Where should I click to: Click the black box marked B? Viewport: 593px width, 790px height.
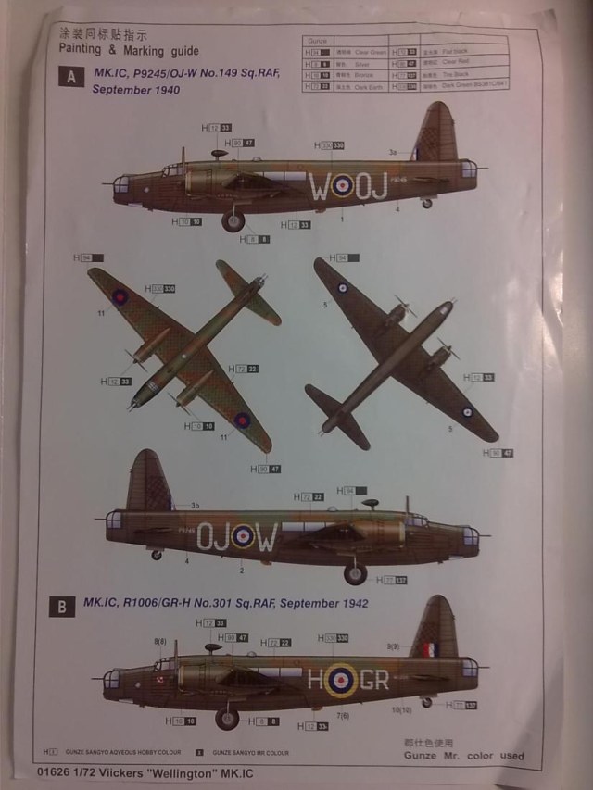61,607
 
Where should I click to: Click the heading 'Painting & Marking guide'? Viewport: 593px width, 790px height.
129,51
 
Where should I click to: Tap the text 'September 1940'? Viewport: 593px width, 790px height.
135,91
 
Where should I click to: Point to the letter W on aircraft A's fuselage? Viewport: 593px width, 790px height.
319,188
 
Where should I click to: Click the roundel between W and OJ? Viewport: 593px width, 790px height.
343,188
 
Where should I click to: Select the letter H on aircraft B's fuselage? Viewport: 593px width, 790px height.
319,681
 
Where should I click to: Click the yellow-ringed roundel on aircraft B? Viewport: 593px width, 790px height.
344,681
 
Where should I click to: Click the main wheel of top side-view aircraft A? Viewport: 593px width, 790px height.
233,221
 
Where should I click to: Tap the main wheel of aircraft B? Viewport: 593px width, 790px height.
227,718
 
